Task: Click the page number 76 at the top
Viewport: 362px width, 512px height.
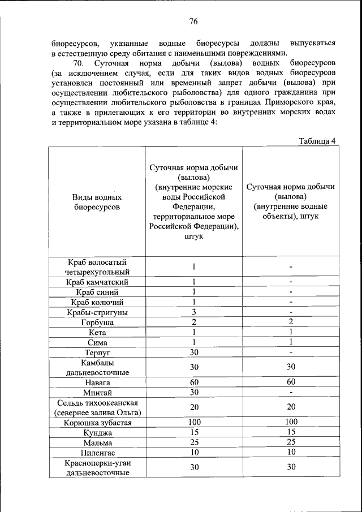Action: tap(193, 21)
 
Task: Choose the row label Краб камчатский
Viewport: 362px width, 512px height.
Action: tap(97, 282)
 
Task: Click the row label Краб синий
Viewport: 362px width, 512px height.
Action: tap(97, 292)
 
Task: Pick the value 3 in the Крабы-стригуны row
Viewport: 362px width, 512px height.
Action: tap(193, 312)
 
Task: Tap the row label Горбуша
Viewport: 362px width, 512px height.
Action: tap(97, 322)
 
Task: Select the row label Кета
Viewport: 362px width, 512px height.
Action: tap(97, 333)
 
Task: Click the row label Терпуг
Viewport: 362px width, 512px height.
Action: tap(97, 353)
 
